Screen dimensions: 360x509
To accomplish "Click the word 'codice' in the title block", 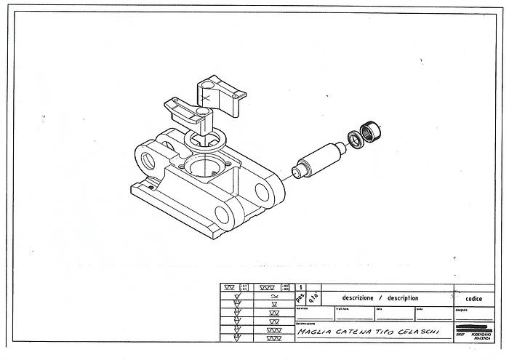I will pyautogui.click(x=473, y=298).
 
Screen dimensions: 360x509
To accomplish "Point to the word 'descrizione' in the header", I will pyautogui.click(x=354, y=298).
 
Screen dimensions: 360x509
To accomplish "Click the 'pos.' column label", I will pyautogui.click(x=300, y=298).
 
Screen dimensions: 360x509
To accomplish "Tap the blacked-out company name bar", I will pyautogui.click(x=474, y=327).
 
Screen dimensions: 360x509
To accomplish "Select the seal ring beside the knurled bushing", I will pyautogui.click(x=354, y=138).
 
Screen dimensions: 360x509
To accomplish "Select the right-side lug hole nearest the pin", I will pyautogui.click(x=262, y=192).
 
